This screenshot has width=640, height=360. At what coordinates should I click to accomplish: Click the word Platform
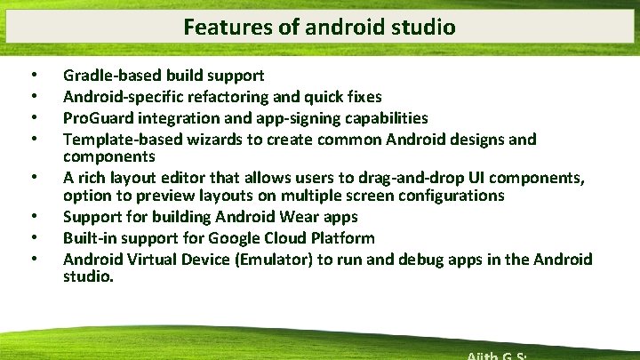(x=341, y=237)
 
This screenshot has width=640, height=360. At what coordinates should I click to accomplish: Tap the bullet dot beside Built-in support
(x=33, y=238)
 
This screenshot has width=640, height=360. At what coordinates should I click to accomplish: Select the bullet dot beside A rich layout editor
(x=33, y=179)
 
